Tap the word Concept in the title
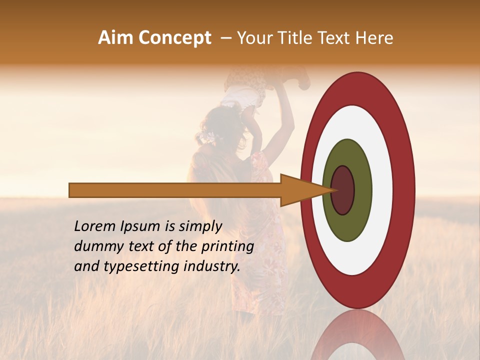(174, 38)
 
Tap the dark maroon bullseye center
(342, 190)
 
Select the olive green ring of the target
(347, 225)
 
